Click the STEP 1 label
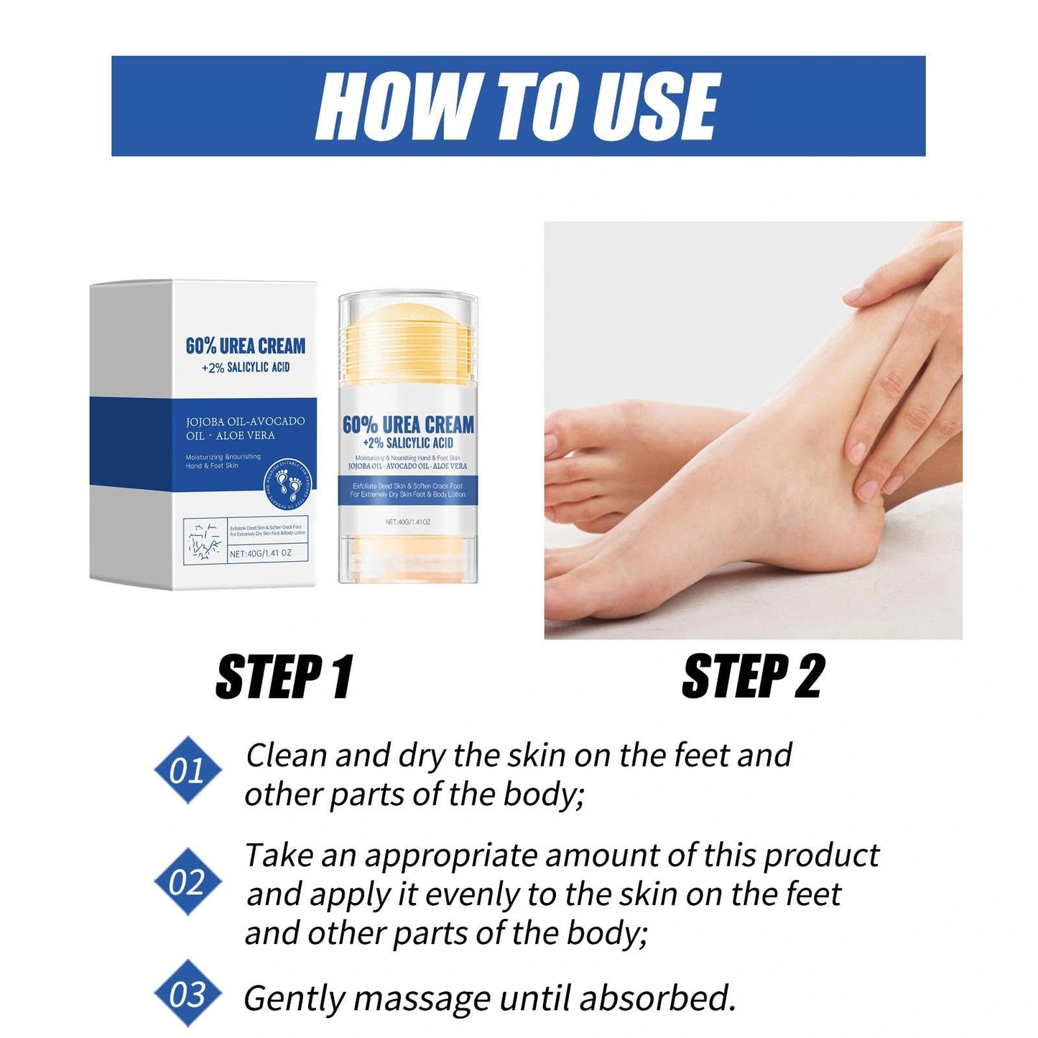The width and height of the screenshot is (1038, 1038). pyautogui.click(x=284, y=677)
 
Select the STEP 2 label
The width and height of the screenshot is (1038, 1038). pyautogui.click(x=753, y=677)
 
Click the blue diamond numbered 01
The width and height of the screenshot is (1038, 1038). pyautogui.click(x=188, y=770)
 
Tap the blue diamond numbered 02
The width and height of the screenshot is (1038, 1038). pyautogui.click(x=188, y=881)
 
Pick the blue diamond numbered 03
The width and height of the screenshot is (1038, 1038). pyautogui.click(x=188, y=994)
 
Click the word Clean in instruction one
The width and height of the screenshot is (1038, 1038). pyautogui.click(x=287, y=756)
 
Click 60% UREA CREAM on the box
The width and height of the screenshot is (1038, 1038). pyautogui.click(x=246, y=346)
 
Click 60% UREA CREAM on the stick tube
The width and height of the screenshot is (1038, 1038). pyautogui.click(x=408, y=425)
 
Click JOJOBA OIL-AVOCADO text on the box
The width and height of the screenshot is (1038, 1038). pyautogui.click(x=245, y=421)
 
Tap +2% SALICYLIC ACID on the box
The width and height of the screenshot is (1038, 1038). pyautogui.click(x=246, y=368)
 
